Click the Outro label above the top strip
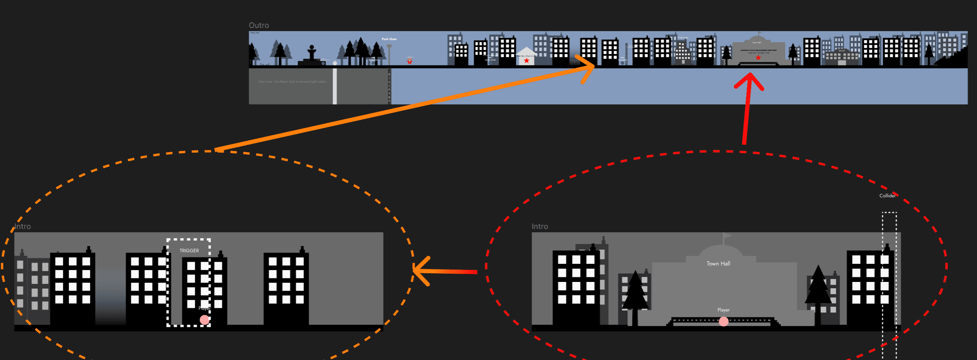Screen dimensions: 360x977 pos(259,25)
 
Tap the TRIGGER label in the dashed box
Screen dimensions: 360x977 pos(189,250)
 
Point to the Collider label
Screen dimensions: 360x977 pos(887,196)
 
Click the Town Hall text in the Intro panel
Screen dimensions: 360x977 pos(718,263)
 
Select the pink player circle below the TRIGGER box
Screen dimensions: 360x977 pos(205,319)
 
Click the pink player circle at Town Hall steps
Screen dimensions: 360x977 pos(724,321)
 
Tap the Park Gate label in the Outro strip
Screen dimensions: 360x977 pos(389,39)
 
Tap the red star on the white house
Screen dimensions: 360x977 pos(527,61)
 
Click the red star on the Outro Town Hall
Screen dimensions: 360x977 pos(758,58)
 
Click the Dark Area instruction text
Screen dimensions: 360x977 pos(292,82)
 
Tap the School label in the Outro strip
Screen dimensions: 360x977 pos(841,50)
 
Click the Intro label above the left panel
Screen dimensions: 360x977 pos(22,226)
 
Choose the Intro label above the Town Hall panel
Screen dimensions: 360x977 pos(540,226)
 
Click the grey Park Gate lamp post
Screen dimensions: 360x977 pos(389,54)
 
